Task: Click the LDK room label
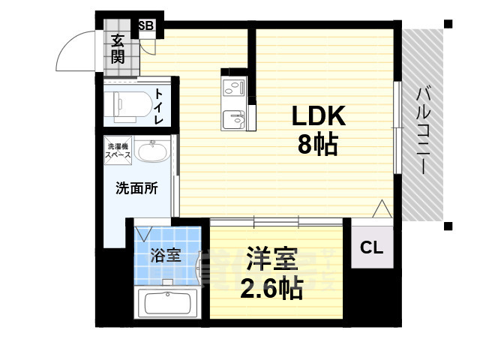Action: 317,116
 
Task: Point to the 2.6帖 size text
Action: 271,287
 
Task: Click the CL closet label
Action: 371,247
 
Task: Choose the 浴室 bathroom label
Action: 166,255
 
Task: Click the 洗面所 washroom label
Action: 136,188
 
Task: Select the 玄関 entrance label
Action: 118,49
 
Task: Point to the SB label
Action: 145,25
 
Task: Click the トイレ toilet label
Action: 160,105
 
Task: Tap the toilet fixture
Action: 127,105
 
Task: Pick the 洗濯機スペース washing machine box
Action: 118,151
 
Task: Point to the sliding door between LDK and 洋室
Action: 277,221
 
